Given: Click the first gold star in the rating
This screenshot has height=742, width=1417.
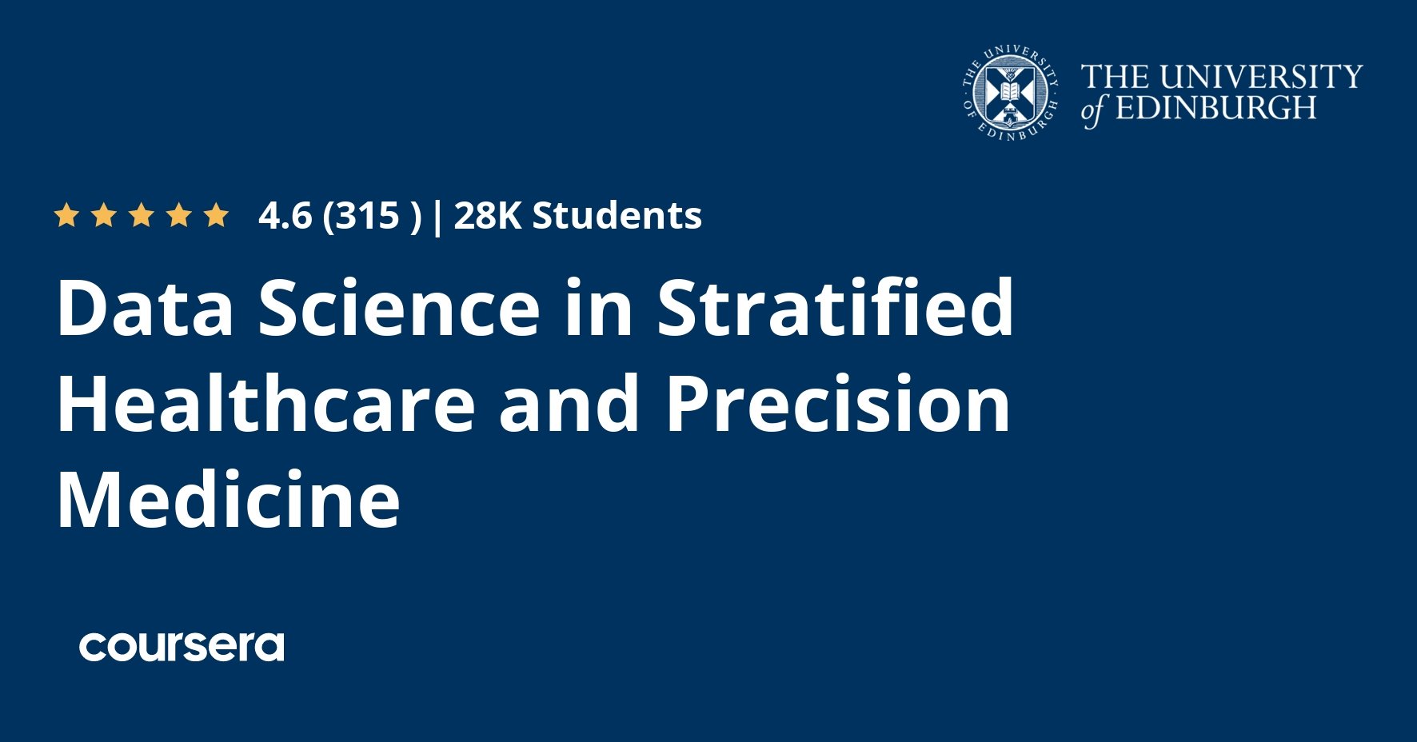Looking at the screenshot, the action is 66,215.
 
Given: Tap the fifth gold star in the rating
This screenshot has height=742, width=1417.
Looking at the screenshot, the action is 216,215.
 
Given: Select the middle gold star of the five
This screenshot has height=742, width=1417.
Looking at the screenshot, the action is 141,215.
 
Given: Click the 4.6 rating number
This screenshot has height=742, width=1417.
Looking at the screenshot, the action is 285,216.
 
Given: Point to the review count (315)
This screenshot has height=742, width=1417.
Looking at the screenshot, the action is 372,217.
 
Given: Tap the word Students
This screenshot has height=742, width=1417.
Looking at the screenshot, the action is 617,216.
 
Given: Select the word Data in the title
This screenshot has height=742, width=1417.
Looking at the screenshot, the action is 145,308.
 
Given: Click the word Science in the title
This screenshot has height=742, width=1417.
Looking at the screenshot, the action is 399,308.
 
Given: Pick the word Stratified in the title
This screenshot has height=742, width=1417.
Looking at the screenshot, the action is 835,306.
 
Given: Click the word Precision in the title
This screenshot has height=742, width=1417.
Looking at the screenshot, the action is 838,404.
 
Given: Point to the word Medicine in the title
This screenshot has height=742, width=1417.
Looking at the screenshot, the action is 229,499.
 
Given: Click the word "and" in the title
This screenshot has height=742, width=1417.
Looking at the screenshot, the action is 569,404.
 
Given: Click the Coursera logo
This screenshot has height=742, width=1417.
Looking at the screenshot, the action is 182,646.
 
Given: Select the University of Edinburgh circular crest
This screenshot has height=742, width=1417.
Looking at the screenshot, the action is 1011,94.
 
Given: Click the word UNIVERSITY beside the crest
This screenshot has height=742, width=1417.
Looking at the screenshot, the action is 1261,77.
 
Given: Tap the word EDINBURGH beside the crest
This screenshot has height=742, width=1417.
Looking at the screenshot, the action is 1215,107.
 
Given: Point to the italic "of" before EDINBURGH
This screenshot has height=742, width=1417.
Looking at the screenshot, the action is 1093,110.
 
